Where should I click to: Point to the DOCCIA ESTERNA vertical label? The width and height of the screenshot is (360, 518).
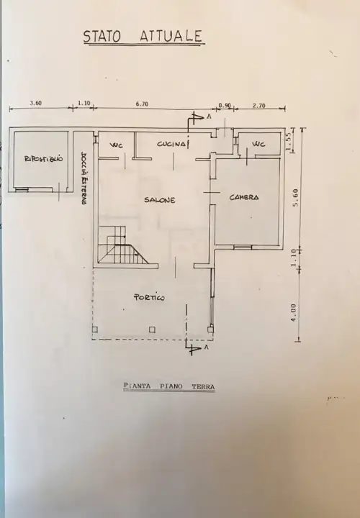tap(84, 179)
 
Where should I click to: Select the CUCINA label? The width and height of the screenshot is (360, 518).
tap(171, 145)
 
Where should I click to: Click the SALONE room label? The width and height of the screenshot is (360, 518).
tap(159, 200)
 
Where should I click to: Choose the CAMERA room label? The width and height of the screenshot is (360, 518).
tap(244, 197)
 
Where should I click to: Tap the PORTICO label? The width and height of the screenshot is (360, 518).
tap(150, 297)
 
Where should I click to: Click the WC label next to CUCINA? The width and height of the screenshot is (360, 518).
tap(116, 145)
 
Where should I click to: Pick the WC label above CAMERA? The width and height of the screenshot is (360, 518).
tap(258, 144)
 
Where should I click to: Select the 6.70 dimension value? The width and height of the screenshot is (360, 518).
tap(142, 104)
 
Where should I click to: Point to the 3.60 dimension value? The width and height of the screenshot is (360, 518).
tap(35, 104)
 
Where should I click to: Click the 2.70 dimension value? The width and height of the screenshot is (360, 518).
tap(258, 105)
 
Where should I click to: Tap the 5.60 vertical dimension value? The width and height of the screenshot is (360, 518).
tap(295, 196)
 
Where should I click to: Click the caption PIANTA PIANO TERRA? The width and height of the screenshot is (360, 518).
tap(169, 387)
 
